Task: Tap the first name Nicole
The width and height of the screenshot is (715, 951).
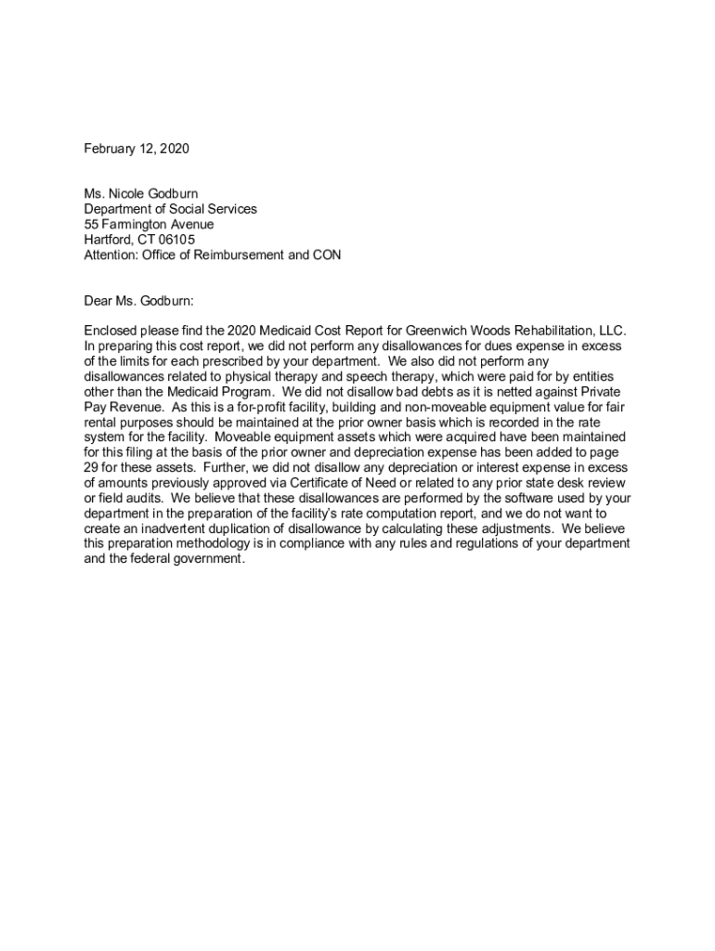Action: click(x=127, y=194)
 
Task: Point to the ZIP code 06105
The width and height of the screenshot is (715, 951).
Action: click(x=176, y=240)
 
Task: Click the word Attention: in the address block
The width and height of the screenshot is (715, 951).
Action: click(x=111, y=254)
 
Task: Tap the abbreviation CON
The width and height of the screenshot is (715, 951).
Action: click(x=326, y=254)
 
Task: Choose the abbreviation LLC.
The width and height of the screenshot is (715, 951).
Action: click(x=612, y=331)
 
